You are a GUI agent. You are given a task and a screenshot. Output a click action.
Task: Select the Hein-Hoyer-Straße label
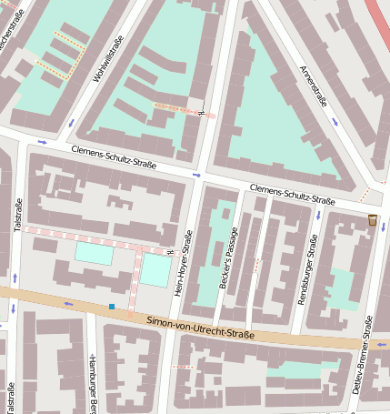click(182, 263)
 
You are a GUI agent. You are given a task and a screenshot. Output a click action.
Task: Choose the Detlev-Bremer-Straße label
click(362, 355)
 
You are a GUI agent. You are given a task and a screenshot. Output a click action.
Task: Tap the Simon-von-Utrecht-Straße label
click(200, 328)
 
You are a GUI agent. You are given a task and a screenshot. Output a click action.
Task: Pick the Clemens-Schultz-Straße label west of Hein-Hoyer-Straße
click(114, 157)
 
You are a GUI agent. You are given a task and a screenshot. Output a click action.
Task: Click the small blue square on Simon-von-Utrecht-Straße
click(112, 307)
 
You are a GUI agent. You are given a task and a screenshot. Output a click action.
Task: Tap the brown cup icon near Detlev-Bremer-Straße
click(373, 219)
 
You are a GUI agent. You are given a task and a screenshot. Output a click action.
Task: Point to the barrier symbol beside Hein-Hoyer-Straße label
click(170, 251)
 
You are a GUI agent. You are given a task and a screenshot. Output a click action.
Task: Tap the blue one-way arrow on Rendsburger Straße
click(318, 216)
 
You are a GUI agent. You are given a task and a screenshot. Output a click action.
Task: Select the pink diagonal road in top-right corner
click(376, 16)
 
